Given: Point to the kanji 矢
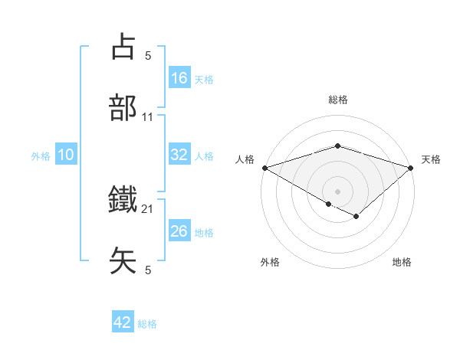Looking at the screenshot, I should click(123, 260).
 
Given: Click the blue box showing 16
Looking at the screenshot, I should click(179, 78).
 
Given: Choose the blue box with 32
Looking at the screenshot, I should click(179, 155).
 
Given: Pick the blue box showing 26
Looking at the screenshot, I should click(179, 231).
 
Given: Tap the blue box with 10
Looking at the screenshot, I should click(66, 155).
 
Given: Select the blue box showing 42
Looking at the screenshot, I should click(123, 322).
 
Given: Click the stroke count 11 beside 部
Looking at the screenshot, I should click(148, 117).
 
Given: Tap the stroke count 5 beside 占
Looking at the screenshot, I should click(148, 55).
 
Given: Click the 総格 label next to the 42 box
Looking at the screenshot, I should click(147, 324).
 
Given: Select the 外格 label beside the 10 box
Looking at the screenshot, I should click(41, 156).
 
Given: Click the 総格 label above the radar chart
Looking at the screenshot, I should click(338, 100).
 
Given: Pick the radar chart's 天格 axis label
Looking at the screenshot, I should click(431, 159).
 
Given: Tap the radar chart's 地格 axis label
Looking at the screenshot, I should click(402, 262).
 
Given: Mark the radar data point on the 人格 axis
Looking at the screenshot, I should click(264, 167).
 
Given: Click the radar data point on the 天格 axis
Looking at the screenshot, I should click(412, 167).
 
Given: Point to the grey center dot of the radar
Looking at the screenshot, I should click(338, 191).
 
